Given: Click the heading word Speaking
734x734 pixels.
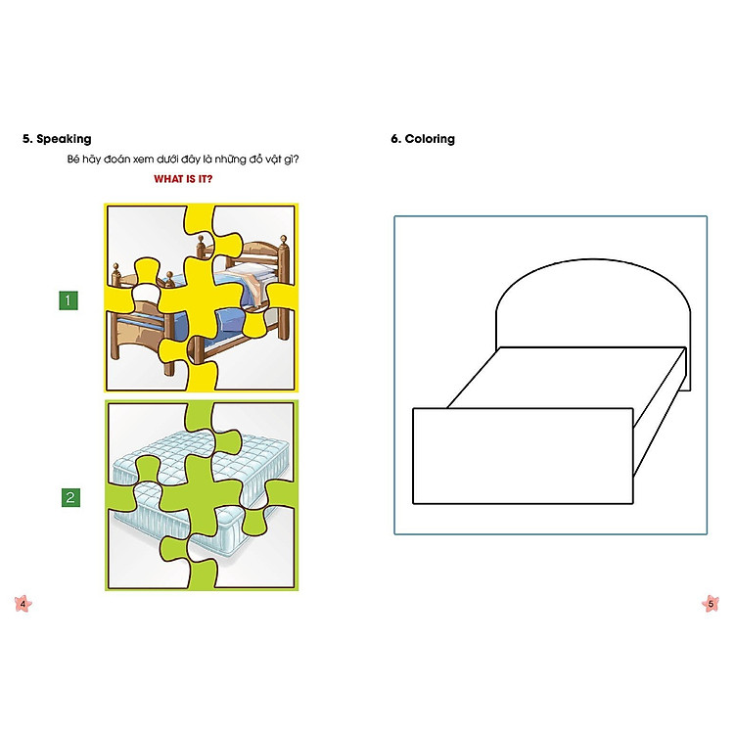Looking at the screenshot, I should (64, 139).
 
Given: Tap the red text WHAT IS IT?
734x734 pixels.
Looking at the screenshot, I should (184, 179).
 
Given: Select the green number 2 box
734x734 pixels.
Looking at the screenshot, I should (69, 497).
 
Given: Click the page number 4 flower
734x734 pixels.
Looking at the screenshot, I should (23, 604).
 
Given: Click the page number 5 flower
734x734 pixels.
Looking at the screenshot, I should (711, 604).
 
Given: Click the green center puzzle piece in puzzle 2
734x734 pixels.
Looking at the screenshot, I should (201, 489).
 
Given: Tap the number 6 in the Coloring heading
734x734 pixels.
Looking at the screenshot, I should (394, 139).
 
